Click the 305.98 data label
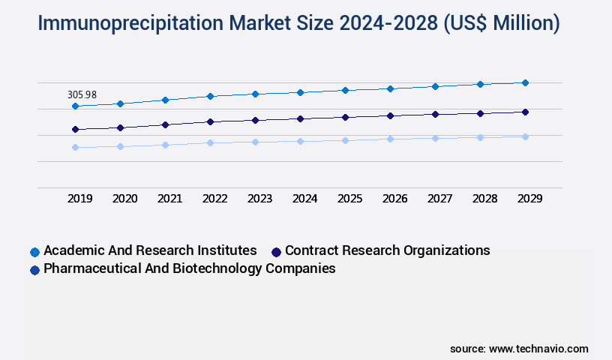pyautogui.click(x=82, y=95)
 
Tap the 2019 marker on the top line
pyautogui.click(x=75, y=106)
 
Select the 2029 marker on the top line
pyautogui.click(x=525, y=82)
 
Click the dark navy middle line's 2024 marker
pyautogui.click(x=300, y=118)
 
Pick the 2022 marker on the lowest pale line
pyautogui.click(x=210, y=142)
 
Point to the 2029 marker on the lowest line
pyautogui.click(x=525, y=136)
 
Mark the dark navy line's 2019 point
pyautogui.click(x=75, y=129)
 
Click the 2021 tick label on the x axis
pyautogui.click(x=169, y=199)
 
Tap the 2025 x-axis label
pyautogui.click(x=349, y=199)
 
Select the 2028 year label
pyautogui.click(x=484, y=199)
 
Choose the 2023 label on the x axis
pyautogui.click(x=259, y=199)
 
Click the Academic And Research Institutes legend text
pyautogui.click(x=150, y=250)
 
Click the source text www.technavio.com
pyautogui.click(x=538, y=349)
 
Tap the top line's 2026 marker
pyautogui.click(x=390, y=88)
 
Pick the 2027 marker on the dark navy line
pyautogui.click(x=435, y=114)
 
